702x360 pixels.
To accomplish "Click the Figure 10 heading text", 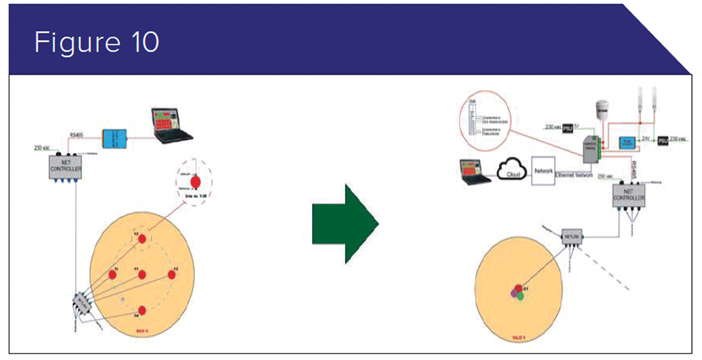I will point(96,42).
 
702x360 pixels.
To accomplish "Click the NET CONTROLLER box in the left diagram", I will point(65,168).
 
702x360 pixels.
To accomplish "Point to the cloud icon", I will point(511,171).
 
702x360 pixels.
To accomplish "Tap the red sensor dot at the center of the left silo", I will point(142,274).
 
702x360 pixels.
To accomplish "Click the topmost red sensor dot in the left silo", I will point(142,238).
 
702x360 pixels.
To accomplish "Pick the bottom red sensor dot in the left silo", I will point(142,310).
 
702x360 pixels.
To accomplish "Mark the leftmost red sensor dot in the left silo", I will point(112,274).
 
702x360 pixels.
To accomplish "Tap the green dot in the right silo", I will point(520,296).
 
